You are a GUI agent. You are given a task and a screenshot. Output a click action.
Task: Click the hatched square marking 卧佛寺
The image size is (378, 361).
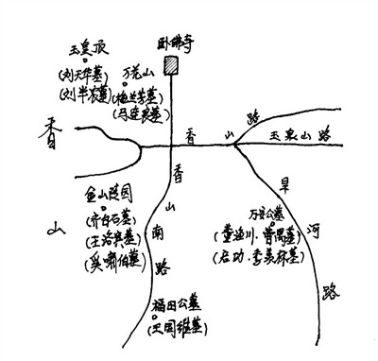[x=171, y=66]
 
